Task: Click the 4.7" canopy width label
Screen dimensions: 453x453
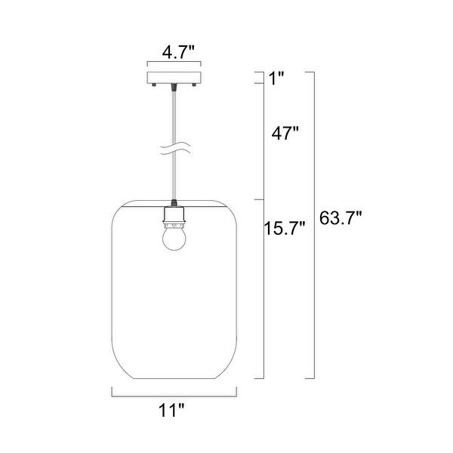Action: click(x=178, y=53)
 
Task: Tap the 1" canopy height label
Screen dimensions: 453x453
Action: click(x=276, y=79)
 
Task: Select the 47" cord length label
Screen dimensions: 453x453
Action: click(x=285, y=133)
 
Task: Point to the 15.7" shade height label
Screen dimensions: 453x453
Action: click(x=285, y=228)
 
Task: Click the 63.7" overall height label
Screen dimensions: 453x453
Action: click(x=341, y=218)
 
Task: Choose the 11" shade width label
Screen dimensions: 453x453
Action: click(x=171, y=410)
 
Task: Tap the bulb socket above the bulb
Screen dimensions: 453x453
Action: click(x=174, y=216)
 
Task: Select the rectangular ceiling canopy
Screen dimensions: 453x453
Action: click(x=174, y=78)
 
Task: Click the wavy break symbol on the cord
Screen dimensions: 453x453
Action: click(x=175, y=149)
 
